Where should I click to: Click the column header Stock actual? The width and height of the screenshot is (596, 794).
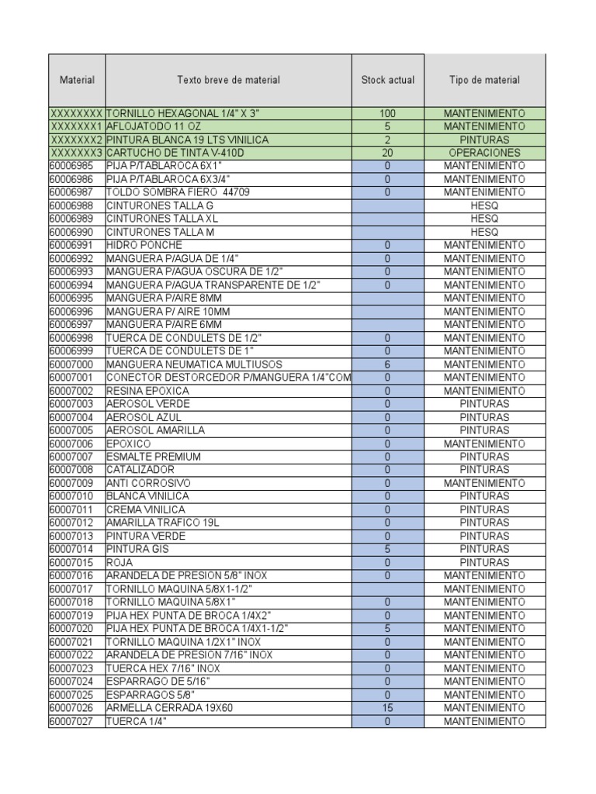[x=387, y=80]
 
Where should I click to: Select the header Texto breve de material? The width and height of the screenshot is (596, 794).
[x=228, y=80]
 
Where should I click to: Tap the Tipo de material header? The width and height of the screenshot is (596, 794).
[x=484, y=80]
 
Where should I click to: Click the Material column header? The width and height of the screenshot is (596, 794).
[x=77, y=80]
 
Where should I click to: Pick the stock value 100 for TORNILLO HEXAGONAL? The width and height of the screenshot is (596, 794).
[x=387, y=113]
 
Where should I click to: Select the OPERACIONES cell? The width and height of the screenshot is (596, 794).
[x=484, y=153]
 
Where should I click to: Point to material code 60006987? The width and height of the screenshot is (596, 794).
[x=71, y=192]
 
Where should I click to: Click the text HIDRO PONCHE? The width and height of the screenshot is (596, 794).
[x=144, y=245]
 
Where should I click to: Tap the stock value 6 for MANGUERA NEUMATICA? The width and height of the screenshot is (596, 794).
[x=387, y=364]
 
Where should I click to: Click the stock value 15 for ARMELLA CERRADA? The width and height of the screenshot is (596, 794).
[x=387, y=708]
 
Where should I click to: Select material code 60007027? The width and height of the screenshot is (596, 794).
[x=71, y=721]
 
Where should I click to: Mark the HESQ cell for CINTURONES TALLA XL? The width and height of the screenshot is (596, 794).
[x=484, y=219]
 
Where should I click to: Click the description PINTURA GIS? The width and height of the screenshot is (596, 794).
[x=137, y=549]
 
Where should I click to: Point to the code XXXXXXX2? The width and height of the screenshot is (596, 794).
[x=76, y=140]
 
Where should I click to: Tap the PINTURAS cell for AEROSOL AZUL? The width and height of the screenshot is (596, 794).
[x=484, y=417]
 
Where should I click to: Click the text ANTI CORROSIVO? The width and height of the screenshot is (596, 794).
[x=148, y=483]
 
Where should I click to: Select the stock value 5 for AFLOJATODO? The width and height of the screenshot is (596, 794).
[x=387, y=126]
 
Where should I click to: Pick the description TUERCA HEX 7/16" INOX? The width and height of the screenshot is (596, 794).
[x=163, y=668]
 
